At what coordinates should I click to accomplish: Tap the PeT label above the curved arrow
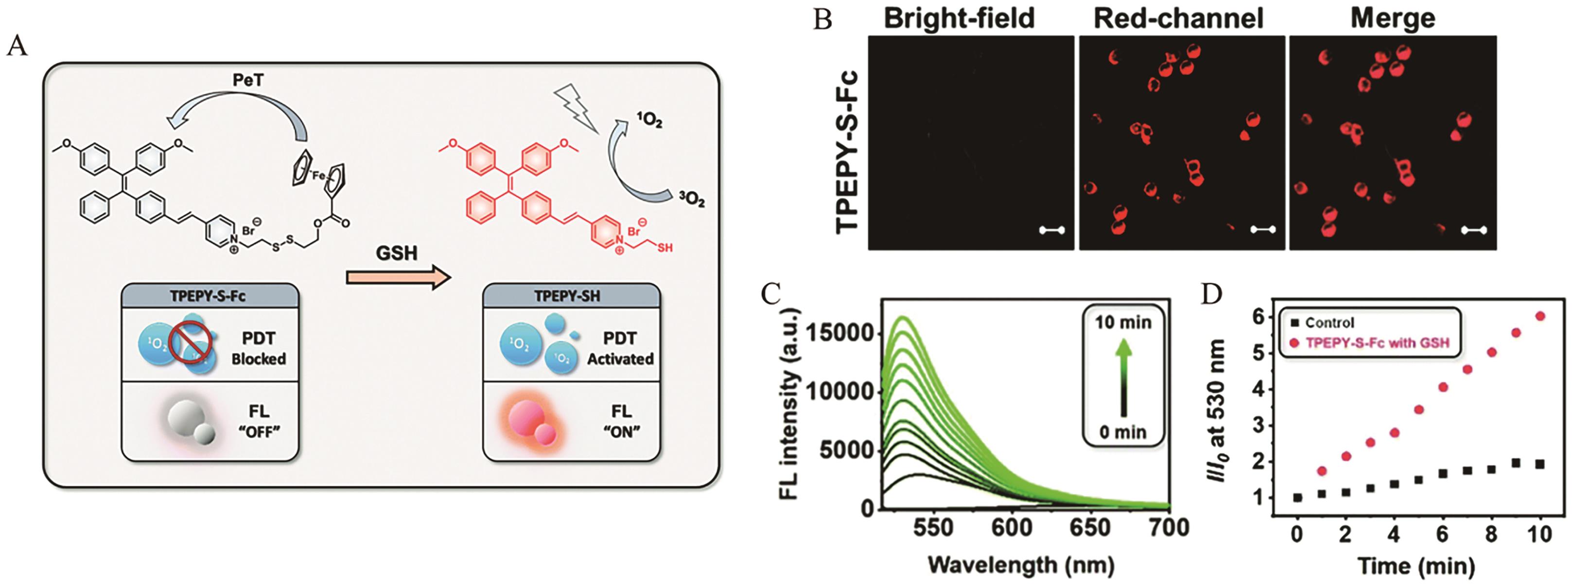tap(248, 81)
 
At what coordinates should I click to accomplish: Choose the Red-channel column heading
tap(1178, 18)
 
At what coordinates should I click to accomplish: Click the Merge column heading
tap(1393, 18)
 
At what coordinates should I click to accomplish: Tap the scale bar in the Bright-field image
tap(1051, 231)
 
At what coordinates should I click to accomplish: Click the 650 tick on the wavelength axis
tap(1091, 527)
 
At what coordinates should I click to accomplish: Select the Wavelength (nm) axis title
tap(1021, 565)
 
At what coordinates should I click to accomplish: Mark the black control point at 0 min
tap(1297, 498)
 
